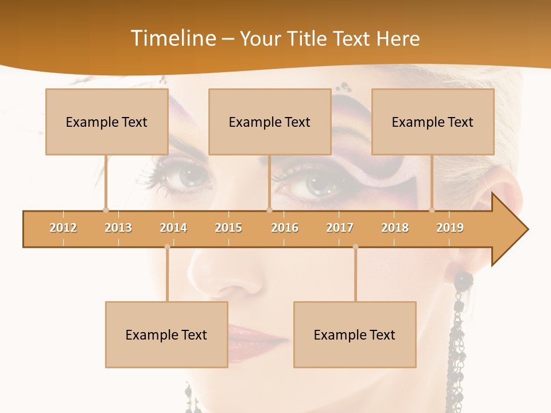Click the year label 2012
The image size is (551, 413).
click(63, 228)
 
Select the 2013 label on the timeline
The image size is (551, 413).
click(118, 228)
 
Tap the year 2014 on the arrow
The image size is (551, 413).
click(173, 228)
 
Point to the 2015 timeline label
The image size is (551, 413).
click(228, 228)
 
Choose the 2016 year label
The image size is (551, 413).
click(285, 228)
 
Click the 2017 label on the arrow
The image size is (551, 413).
click(340, 228)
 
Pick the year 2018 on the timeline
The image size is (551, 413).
click(395, 228)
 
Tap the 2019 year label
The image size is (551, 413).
click(450, 228)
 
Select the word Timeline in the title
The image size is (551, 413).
click(173, 38)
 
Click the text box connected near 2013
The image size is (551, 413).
click(107, 122)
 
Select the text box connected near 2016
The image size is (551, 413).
click(270, 122)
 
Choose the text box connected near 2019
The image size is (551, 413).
click(433, 122)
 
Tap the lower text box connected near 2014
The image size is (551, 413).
click(166, 334)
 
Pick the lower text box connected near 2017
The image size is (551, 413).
click(355, 334)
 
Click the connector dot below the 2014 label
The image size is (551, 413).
click(167, 247)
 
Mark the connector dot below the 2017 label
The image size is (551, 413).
click(355, 247)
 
